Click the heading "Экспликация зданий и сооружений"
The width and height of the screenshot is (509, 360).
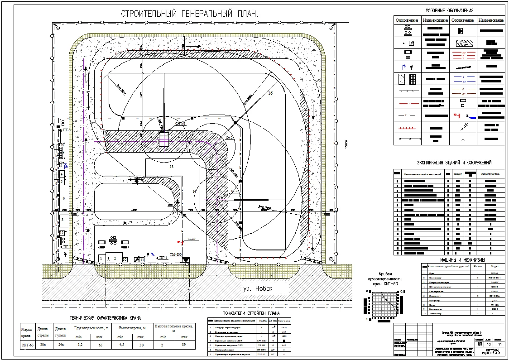pyautogui.click(x=454, y=163)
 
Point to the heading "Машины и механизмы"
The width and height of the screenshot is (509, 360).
pyautogui.click(x=462, y=260)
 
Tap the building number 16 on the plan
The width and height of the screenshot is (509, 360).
pyautogui.click(x=270, y=93)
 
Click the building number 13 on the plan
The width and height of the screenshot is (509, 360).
pyautogui.click(x=171, y=167)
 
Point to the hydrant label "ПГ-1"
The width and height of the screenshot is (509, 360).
pyautogui.click(x=164, y=258)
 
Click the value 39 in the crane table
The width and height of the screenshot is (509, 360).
pyautogui.click(x=184, y=345)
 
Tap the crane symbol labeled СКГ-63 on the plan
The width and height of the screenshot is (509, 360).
pyautogui.click(x=163, y=138)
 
